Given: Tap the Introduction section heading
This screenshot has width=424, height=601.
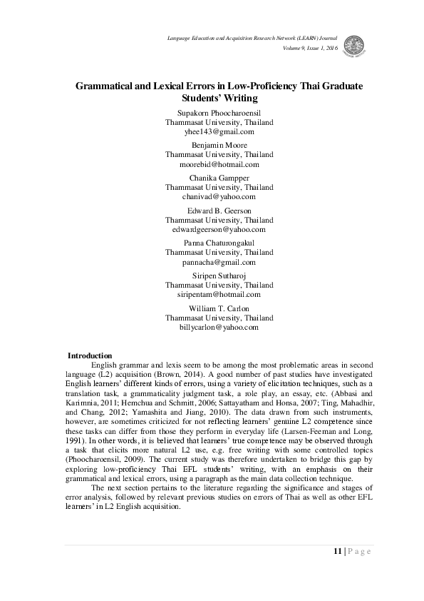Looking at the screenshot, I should [x=89, y=355].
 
